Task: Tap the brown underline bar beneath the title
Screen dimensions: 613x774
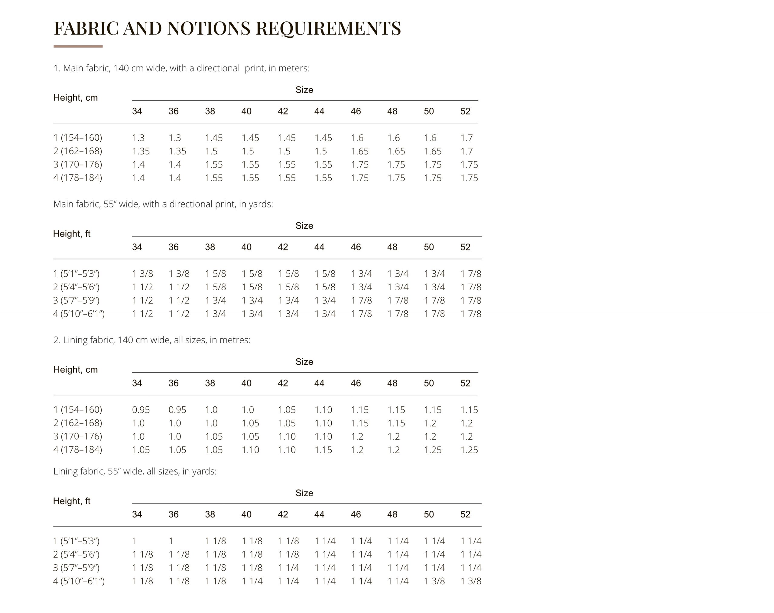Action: (x=78, y=46)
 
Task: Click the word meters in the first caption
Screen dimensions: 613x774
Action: (x=295, y=68)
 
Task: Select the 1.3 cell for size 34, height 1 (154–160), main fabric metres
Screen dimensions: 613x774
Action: (x=138, y=138)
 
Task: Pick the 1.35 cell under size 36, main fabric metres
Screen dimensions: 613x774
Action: (x=177, y=151)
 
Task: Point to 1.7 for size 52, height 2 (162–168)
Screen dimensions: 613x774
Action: (x=467, y=151)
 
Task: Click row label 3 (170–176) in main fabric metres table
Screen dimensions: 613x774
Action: (x=77, y=165)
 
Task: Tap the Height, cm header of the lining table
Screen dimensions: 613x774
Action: (x=75, y=370)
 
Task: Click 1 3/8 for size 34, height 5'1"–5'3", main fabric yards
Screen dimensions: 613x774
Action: (x=142, y=274)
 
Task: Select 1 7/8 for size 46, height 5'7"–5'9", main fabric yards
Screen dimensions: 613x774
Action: (x=361, y=300)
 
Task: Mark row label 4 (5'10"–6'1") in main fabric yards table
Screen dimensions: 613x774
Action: (x=79, y=314)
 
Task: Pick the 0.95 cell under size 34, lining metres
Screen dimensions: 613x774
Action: (x=141, y=410)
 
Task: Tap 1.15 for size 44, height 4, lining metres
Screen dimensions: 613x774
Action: (x=323, y=450)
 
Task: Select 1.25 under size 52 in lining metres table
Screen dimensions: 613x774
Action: (x=469, y=450)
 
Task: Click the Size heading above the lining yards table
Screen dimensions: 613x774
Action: (x=304, y=493)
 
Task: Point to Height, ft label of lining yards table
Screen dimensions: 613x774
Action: (x=72, y=501)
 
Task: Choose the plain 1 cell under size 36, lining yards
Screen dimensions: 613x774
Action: (x=171, y=541)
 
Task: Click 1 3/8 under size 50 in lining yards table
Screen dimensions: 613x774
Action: (x=434, y=581)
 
